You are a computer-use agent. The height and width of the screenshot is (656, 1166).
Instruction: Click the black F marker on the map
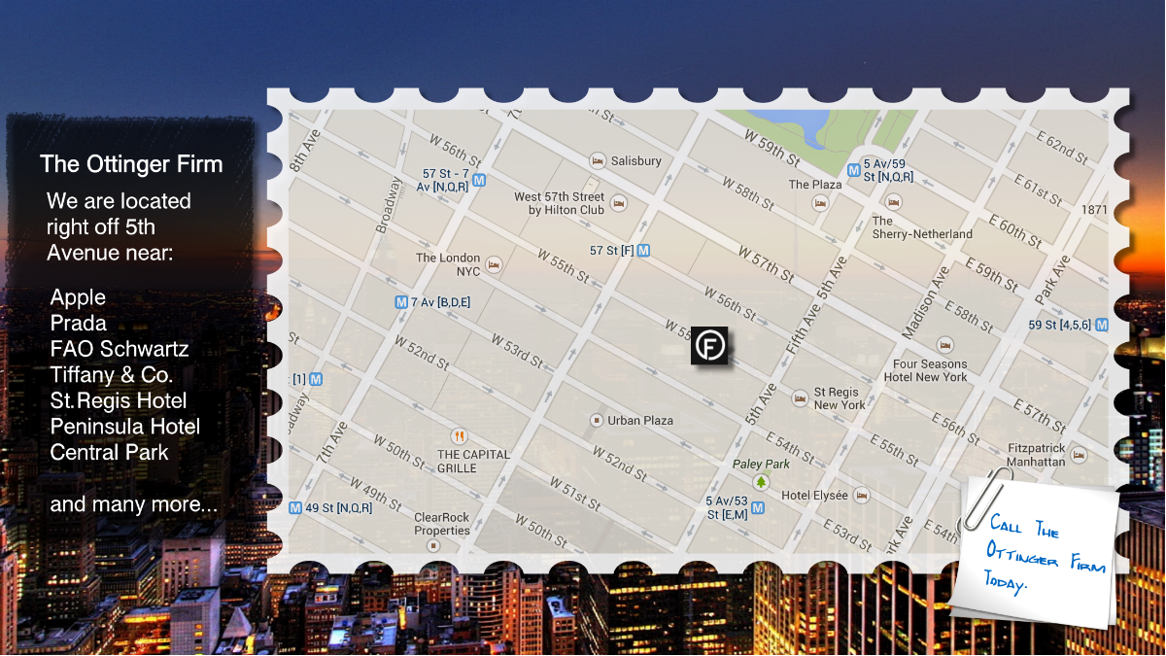point(709,346)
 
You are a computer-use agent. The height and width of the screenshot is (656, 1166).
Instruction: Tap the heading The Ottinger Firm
point(131,164)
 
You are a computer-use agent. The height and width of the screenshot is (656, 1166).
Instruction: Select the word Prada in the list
point(79,323)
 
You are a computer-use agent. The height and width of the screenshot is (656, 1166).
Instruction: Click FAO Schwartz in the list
point(120,349)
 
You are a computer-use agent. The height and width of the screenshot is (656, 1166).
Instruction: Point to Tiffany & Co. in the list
point(112,374)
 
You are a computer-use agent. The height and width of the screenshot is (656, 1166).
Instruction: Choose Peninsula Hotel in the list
point(125,427)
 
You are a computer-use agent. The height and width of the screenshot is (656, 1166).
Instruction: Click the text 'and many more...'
point(134,504)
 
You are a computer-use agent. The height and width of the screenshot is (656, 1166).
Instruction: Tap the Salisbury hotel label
point(637,160)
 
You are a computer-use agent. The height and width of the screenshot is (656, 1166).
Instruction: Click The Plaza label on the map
point(815,185)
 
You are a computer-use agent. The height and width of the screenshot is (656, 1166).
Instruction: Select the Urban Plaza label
point(640,421)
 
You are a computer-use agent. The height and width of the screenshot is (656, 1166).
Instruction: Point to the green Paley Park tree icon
point(761,481)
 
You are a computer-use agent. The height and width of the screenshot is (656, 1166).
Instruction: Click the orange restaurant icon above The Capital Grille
point(459,436)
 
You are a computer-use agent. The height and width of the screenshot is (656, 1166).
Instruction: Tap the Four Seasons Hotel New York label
point(930,370)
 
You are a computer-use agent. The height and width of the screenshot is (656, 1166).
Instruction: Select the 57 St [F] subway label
point(612,251)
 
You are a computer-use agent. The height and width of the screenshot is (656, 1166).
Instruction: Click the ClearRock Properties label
point(442,524)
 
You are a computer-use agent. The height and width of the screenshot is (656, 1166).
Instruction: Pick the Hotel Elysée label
point(814,495)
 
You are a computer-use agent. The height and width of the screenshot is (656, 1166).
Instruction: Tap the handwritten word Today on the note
point(1007,582)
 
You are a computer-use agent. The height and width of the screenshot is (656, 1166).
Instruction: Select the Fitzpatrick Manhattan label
point(1036,455)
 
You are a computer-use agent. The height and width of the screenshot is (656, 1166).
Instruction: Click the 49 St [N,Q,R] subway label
point(338,507)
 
